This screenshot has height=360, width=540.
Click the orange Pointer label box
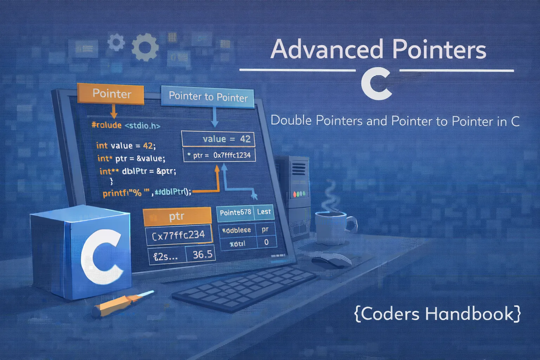(111, 94)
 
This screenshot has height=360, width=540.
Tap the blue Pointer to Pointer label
(208, 96)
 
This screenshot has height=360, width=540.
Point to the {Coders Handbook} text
(437, 314)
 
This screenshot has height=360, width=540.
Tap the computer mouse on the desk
(330, 261)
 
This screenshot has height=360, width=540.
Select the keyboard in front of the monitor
(244, 288)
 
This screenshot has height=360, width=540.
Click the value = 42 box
(218, 139)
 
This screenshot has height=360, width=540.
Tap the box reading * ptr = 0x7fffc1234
(219, 155)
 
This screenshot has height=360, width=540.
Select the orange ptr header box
(177, 217)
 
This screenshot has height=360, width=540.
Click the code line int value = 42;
(126, 146)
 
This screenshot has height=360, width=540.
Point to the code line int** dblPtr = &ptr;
(137, 171)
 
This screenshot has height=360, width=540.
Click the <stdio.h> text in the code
(142, 125)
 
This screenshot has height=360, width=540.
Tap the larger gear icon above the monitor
(145, 47)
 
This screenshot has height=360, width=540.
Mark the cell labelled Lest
(264, 212)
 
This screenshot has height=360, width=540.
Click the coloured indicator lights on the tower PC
(299, 194)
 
